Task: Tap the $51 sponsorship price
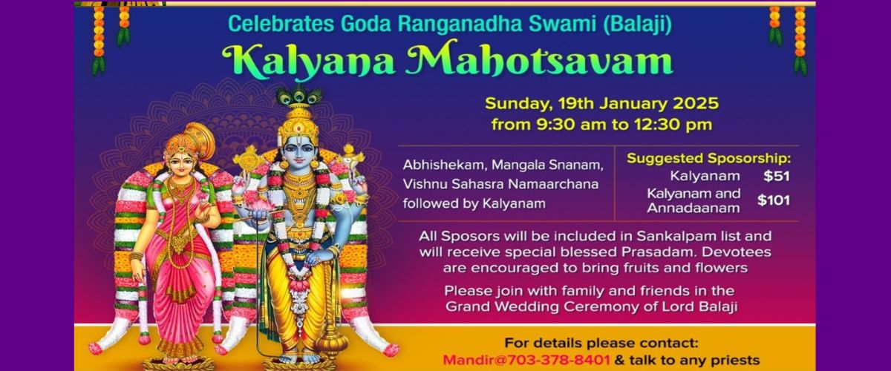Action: click(x=775, y=177)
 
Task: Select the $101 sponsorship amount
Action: click(x=773, y=200)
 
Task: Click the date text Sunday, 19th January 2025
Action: click(x=601, y=103)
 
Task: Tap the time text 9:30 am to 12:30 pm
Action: click(x=601, y=123)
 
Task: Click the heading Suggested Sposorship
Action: click(x=708, y=158)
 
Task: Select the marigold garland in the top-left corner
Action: click(x=110, y=33)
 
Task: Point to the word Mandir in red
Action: click(x=469, y=360)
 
